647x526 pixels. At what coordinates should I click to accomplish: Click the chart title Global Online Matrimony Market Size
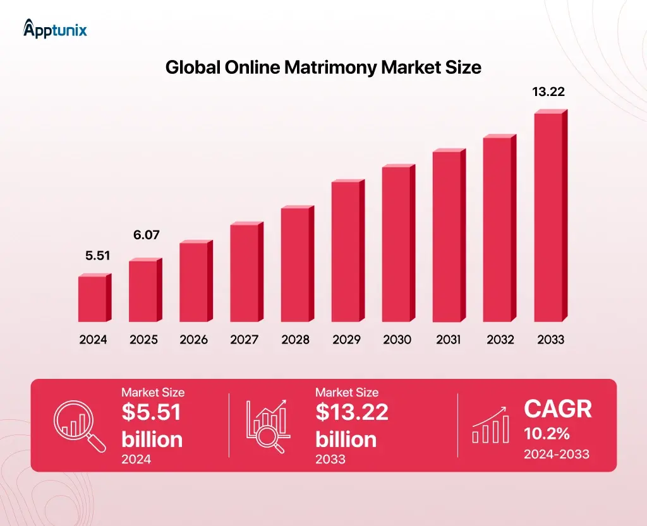tap(323, 68)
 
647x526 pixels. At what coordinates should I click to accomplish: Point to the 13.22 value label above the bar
tap(548, 92)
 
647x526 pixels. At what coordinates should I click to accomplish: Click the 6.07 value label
tap(146, 235)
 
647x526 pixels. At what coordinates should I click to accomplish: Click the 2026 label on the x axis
tap(193, 340)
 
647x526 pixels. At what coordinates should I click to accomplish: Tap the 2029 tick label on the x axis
tap(346, 340)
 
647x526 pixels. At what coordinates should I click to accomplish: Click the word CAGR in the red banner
tap(558, 409)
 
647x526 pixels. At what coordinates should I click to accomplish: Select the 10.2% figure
tap(546, 434)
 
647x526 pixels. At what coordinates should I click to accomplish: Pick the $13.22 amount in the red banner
tap(351, 412)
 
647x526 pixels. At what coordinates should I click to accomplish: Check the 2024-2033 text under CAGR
tap(556, 454)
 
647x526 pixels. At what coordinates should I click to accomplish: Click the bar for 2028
tap(296, 264)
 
